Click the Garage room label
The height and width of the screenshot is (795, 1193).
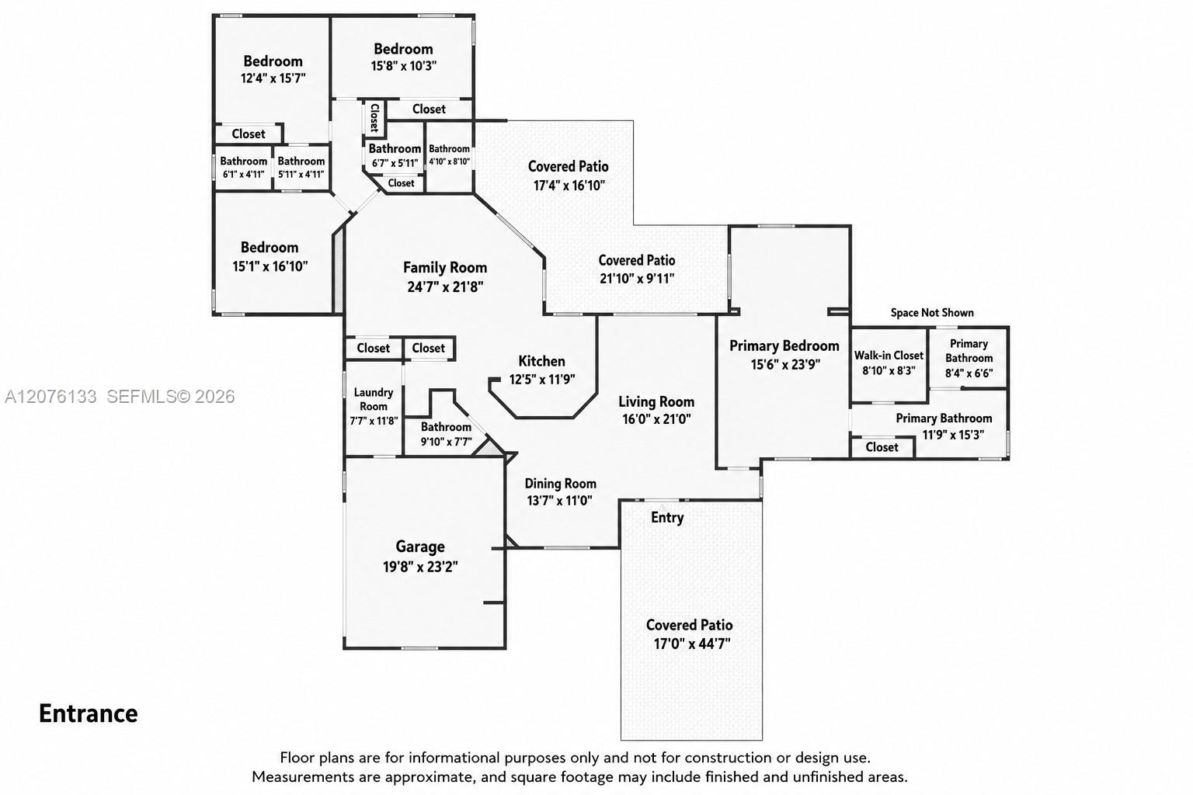point(420,547)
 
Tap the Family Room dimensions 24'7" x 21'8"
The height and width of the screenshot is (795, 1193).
point(445,287)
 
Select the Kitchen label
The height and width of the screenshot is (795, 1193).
point(541,362)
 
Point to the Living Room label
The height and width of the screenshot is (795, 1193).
point(656,402)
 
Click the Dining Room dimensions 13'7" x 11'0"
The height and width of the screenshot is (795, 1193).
point(560,501)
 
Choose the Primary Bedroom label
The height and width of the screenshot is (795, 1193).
point(784,346)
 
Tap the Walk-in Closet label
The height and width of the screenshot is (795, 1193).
point(889,355)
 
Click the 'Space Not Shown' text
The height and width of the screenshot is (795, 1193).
point(932,313)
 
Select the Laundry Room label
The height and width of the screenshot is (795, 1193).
point(374,399)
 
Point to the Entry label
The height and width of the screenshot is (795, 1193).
point(667,518)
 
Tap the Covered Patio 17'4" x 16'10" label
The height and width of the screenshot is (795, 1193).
point(569,175)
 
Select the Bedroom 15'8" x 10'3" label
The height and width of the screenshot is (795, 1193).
point(403,57)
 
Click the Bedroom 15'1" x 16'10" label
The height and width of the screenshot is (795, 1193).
point(270,257)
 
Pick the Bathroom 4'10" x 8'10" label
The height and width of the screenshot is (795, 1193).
point(450,155)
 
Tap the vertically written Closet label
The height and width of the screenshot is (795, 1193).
point(374,118)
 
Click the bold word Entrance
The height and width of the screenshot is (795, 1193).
point(89,713)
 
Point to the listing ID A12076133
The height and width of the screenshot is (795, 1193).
point(50,397)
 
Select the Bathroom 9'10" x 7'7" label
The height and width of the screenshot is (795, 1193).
point(447,434)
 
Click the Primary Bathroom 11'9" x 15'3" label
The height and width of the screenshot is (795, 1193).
point(944,426)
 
